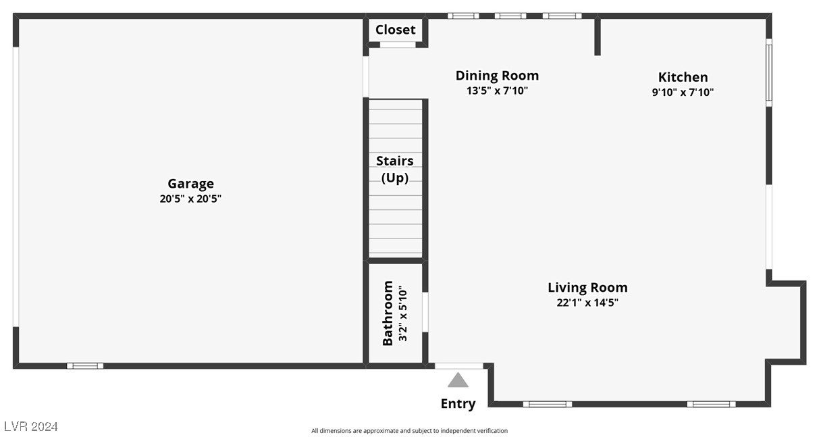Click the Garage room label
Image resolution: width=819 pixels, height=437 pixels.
(190, 184)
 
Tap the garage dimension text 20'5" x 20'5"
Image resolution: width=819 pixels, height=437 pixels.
(190, 199)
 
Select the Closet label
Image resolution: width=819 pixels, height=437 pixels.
(396, 30)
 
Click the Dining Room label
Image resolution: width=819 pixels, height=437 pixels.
(497, 76)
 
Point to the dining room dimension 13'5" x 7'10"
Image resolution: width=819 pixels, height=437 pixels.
(497, 91)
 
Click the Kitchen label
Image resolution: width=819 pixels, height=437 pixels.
(683, 77)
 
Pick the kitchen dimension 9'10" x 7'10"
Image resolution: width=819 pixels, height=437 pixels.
(683, 93)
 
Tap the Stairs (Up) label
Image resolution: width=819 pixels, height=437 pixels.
(395, 169)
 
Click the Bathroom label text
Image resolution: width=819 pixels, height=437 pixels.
(388, 313)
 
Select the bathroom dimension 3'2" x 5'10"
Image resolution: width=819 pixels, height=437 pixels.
(403, 313)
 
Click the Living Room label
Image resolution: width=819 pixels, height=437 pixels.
(587, 288)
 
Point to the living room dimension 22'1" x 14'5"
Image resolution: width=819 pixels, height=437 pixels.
(587, 303)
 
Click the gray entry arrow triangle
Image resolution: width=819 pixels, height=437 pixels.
(458, 380)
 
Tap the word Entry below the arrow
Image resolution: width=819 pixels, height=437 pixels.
(458, 404)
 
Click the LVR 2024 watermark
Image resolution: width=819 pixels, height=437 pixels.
(31, 427)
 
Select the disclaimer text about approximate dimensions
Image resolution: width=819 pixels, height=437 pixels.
(409, 431)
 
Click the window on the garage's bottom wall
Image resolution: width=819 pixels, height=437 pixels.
(85, 366)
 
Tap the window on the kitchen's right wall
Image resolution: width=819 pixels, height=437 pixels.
(768, 72)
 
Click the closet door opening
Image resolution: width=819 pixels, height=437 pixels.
(397, 45)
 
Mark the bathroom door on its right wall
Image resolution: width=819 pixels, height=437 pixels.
(425, 312)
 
